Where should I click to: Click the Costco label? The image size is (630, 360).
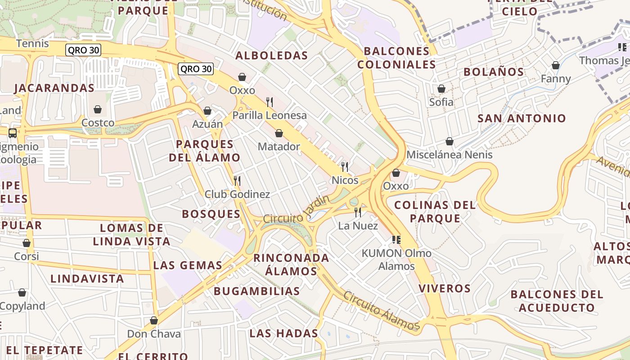[98, 123]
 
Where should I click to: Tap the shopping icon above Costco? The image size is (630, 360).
[98, 109]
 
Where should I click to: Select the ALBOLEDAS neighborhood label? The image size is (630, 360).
[272, 56]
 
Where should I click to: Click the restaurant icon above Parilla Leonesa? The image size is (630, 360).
[270, 102]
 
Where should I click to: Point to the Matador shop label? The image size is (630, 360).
[279, 147]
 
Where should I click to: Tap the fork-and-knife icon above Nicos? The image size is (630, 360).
[345, 167]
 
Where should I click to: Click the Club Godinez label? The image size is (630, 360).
[237, 194]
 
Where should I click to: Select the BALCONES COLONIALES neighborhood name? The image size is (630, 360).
[396, 58]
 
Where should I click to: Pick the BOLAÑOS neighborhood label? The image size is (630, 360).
[494, 72]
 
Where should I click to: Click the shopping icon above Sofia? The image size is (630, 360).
[441, 89]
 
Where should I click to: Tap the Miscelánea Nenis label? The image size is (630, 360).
[449, 155]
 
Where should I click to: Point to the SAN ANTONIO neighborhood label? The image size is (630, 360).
[522, 118]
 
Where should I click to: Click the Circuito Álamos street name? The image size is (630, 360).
[381, 310]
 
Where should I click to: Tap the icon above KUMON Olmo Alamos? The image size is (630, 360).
[396, 239]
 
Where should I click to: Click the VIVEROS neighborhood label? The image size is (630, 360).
[445, 288]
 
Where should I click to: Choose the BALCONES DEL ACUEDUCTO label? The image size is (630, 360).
[557, 301]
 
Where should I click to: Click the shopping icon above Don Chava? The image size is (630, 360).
[154, 320]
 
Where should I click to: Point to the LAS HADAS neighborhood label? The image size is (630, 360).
[283, 333]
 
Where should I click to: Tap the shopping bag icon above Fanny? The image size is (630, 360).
[556, 66]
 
